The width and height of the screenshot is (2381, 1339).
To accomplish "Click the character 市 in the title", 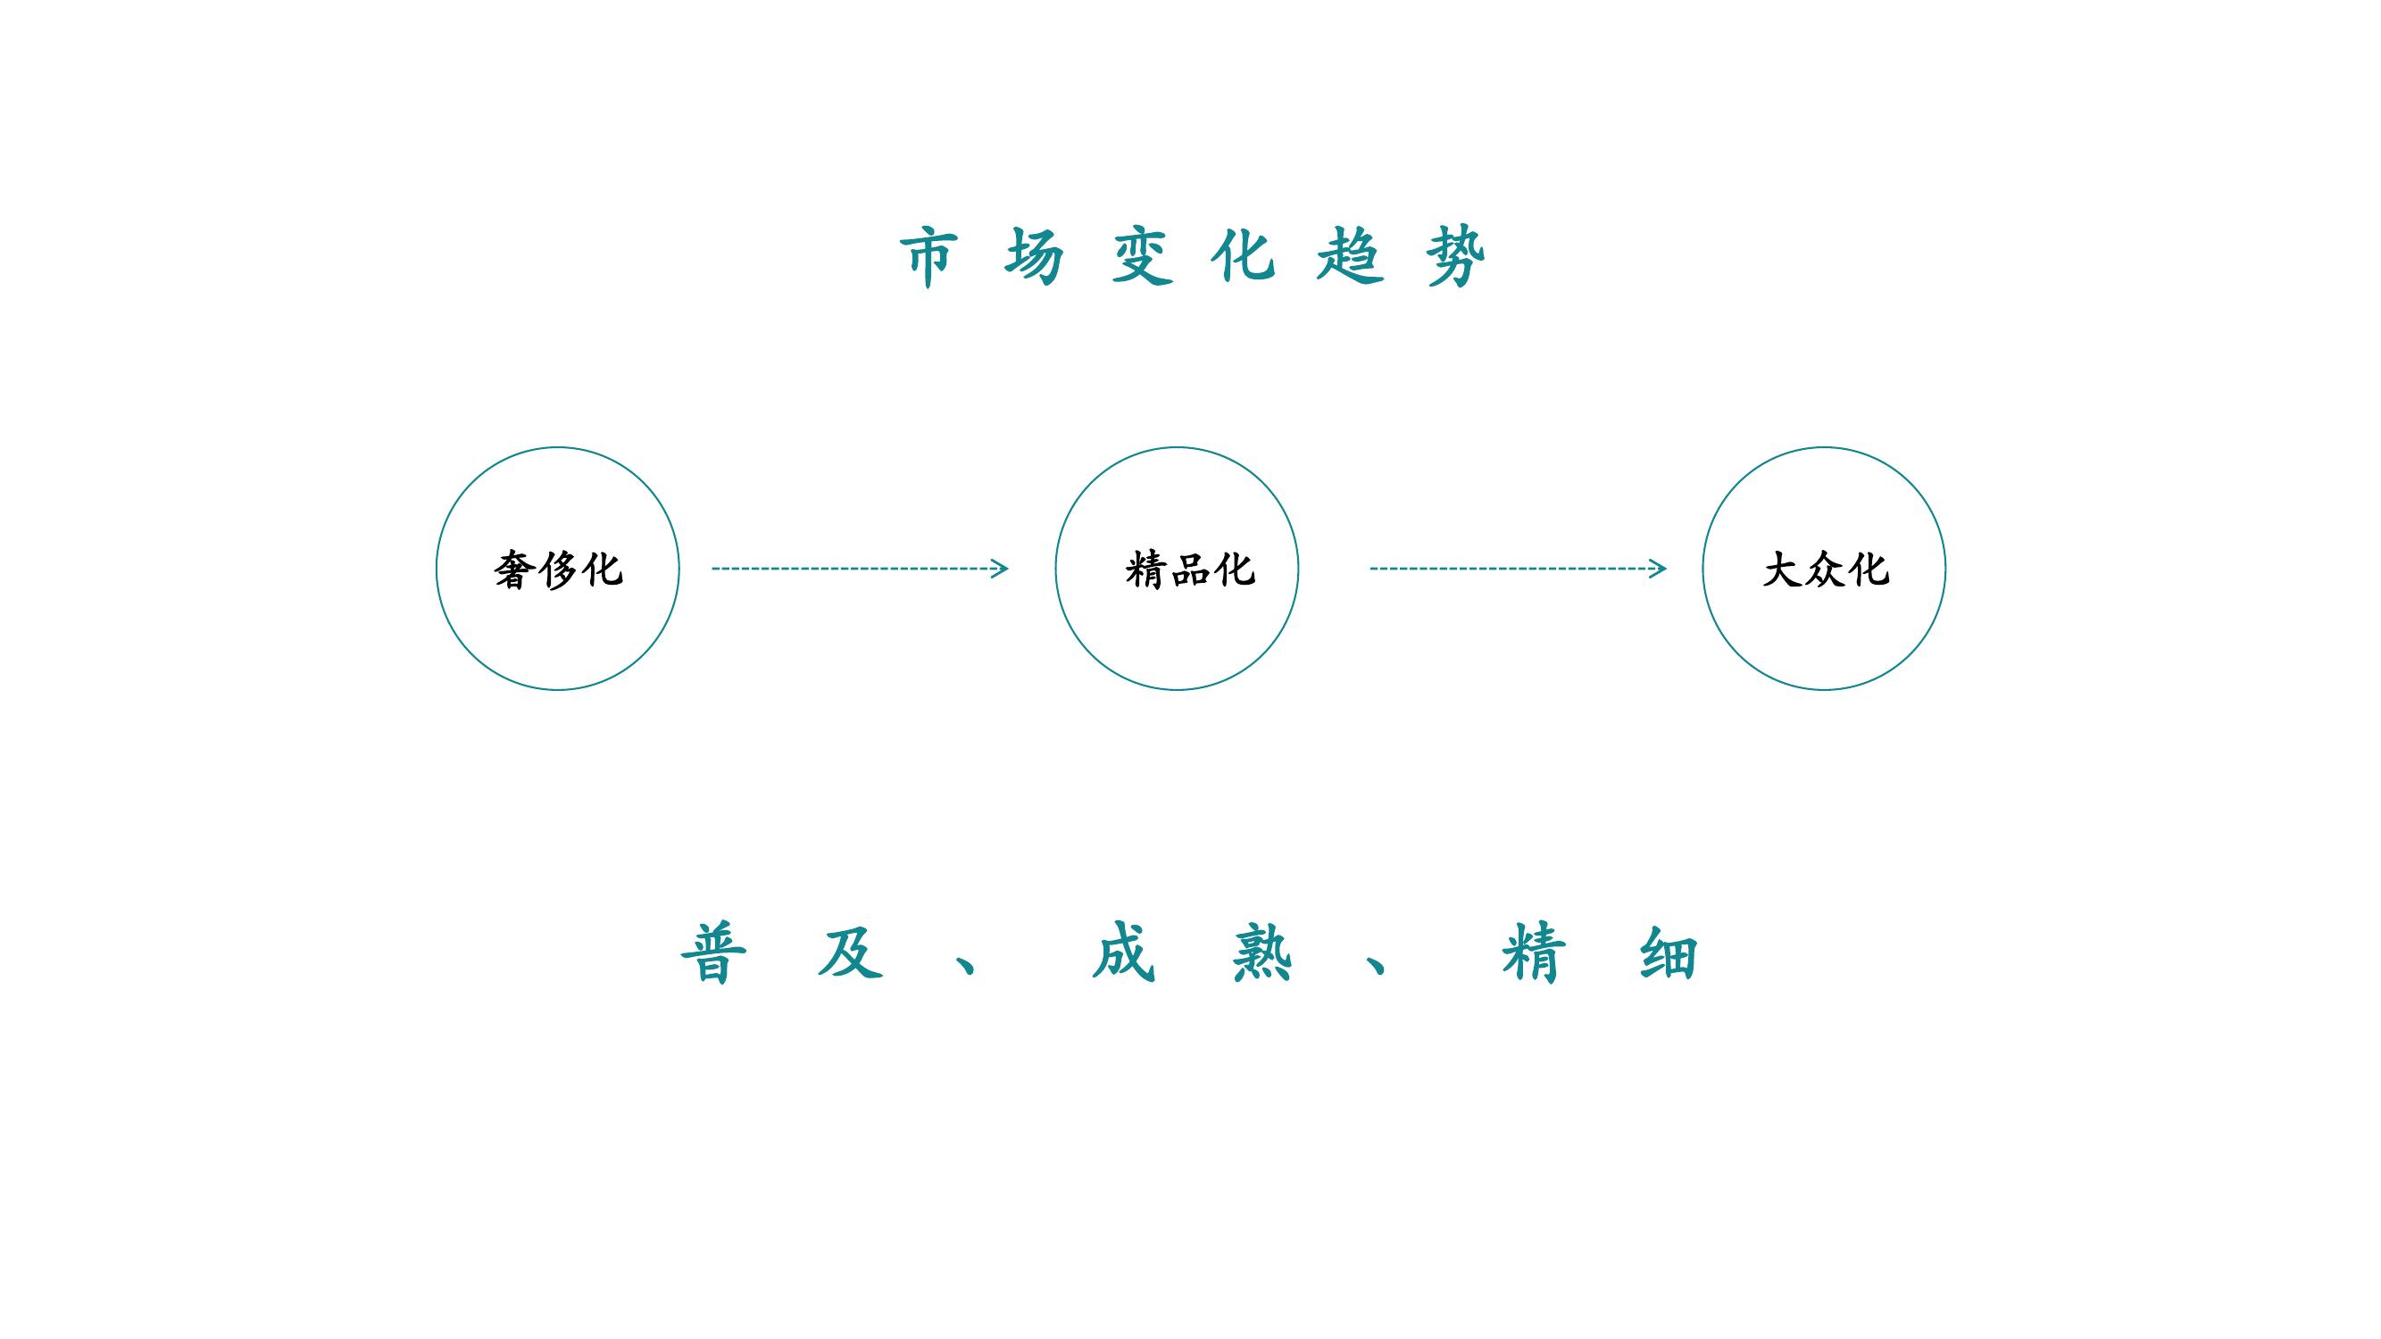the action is click(x=929, y=256).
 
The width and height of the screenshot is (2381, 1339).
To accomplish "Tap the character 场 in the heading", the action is click(x=1035, y=256).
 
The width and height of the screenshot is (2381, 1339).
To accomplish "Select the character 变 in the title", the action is click(x=1143, y=256).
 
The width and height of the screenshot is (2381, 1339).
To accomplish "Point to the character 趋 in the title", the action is click(x=1351, y=256).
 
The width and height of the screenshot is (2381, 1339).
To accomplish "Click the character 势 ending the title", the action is click(x=1456, y=256).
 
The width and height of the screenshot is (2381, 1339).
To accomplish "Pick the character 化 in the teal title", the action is click(x=1245, y=256).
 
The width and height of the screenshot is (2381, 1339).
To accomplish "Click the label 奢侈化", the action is click(x=558, y=570).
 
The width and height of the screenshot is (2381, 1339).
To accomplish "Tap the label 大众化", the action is click(x=1826, y=570).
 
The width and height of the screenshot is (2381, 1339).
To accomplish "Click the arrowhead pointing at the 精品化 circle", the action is click(x=1000, y=569).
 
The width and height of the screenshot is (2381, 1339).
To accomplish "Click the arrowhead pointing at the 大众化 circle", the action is click(x=1658, y=569).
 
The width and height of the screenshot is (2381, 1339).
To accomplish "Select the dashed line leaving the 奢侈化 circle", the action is click(x=860, y=569).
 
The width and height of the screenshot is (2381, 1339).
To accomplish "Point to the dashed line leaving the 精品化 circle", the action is click(x=1518, y=569).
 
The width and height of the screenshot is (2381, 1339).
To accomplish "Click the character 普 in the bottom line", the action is click(x=713, y=952).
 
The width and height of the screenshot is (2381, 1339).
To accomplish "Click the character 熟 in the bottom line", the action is click(x=1261, y=952).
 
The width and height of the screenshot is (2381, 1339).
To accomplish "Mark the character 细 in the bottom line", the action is click(x=1669, y=952).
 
